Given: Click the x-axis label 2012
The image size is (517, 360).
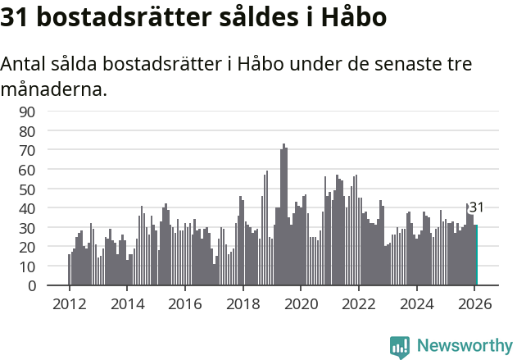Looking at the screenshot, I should pyautogui.click(x=69, y=303).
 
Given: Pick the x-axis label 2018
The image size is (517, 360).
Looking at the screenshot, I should pyautogui.click(x=243, y=303).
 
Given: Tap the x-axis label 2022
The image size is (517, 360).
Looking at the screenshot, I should pyautogui.click(x=358, y=303).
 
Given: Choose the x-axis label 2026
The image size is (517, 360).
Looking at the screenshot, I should pyautogui.click(x=474, y=303).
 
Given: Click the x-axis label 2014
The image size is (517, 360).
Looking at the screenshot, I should pyautogui.click(x=127, y=303).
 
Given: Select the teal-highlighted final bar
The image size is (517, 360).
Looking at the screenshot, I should pyautogui.click(x=476, y=255).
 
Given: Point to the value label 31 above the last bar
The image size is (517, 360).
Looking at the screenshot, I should pyautogui.click(x=476, y=207).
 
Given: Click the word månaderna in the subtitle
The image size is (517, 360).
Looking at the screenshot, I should pyautogui.click(x=54, y=89).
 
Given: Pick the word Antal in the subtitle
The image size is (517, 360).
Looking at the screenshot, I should pyautogui.click(x=25, y=64).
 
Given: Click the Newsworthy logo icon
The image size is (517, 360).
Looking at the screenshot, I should pyautogui.click(x=400, y=346).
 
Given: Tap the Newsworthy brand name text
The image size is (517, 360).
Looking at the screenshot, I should pyautogui.click(x=464, y=346).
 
